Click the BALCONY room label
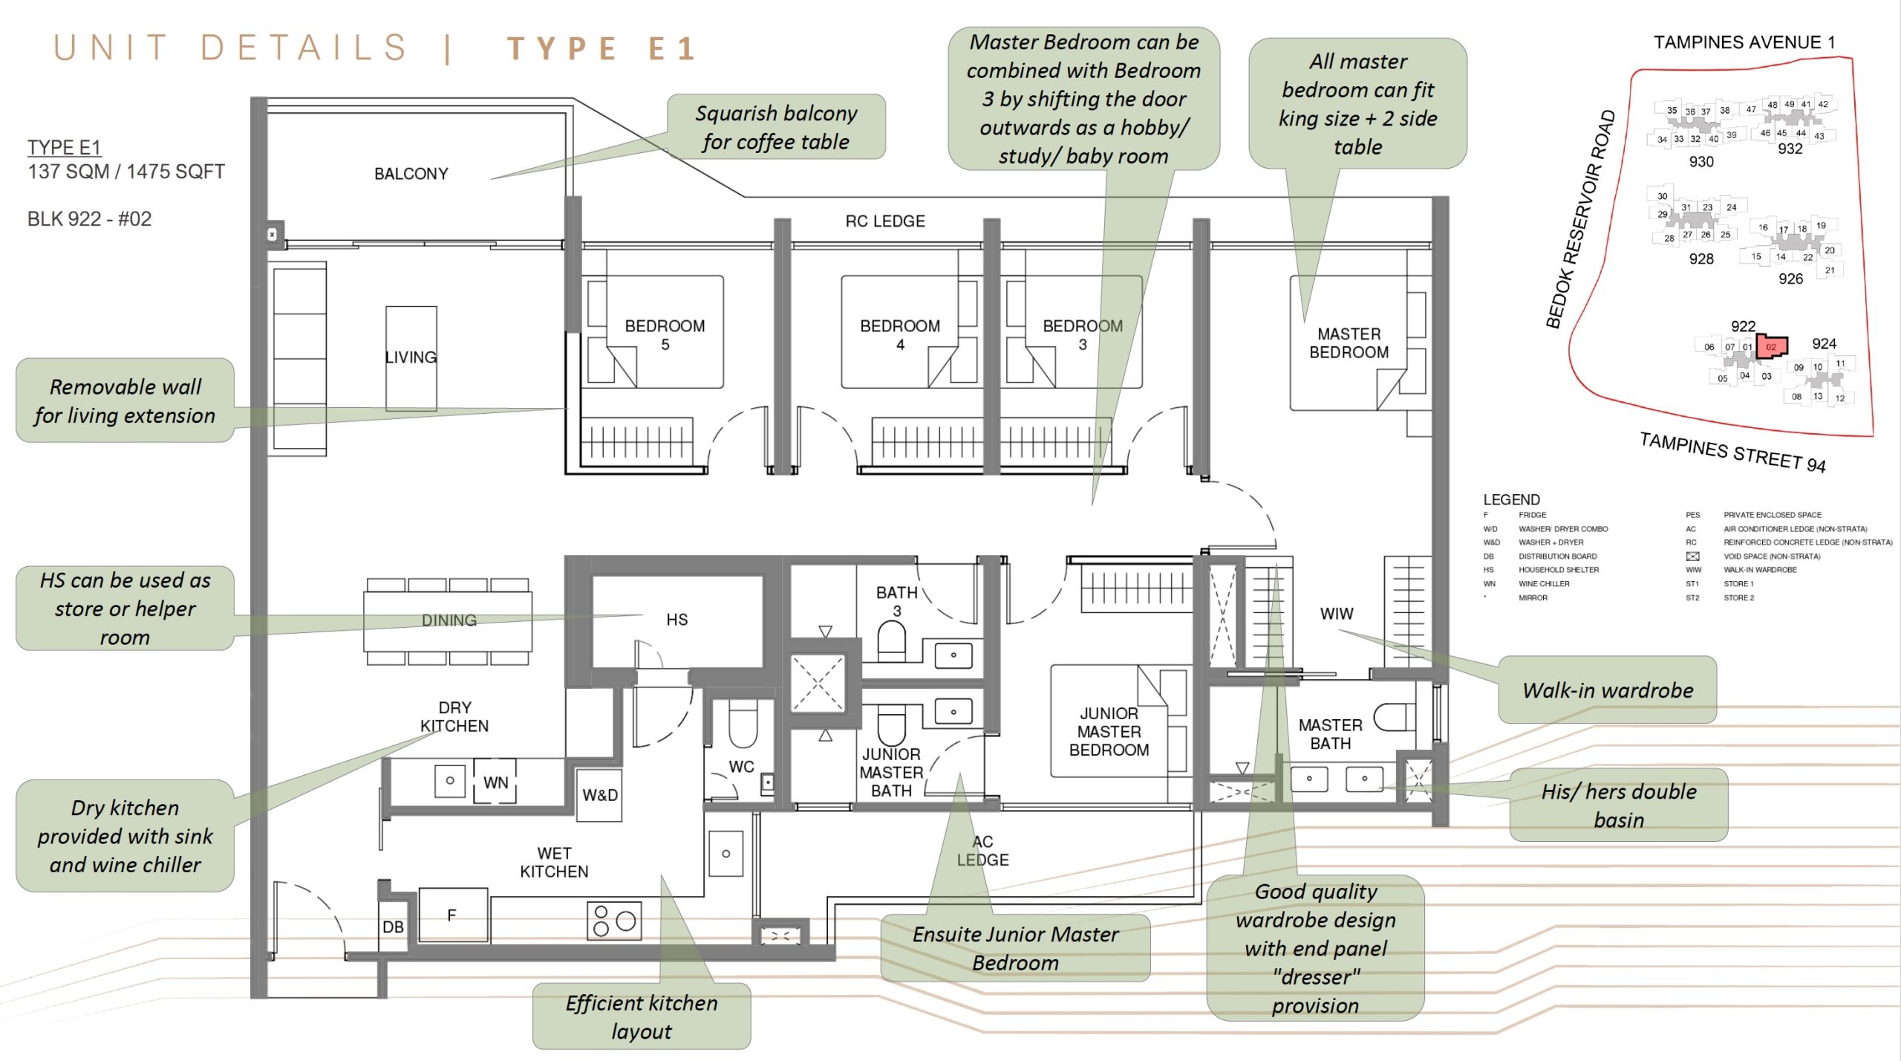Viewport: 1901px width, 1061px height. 411,174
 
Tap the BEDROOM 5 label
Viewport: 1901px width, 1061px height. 665,334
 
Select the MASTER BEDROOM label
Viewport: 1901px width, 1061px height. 1349,343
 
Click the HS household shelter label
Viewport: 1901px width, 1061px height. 676,620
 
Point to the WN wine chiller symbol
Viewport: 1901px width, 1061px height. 495,782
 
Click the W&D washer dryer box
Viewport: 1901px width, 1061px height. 599,795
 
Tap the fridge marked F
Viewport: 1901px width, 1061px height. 452,915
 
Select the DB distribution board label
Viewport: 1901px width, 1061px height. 393,927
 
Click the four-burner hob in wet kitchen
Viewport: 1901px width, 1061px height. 614,921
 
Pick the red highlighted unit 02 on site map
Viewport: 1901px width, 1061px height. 1772,346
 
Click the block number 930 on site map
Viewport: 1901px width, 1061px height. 1701,162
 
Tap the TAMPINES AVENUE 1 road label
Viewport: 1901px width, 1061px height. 1744,42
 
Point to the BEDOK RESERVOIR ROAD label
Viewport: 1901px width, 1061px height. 1580,219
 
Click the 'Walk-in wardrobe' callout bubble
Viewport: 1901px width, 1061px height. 1608,690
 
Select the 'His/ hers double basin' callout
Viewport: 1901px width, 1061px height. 1619,805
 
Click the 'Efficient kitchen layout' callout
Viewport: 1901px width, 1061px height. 642,1016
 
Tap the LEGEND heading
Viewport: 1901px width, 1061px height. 1511,499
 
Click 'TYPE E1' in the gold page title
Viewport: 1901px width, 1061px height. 601,49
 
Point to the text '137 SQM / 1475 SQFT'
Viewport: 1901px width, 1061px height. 126,172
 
